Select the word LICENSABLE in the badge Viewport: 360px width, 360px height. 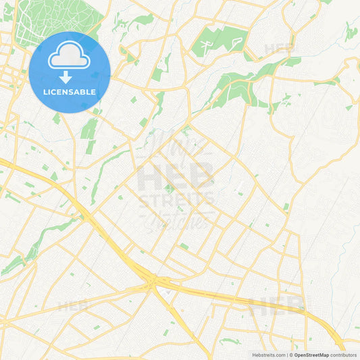[x=70, y=92]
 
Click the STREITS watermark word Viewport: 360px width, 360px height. [x=176, y=199]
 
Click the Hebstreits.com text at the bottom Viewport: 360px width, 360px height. [x=267, y=355]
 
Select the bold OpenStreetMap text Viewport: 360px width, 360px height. [x=311, y=355]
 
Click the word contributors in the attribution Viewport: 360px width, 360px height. [x=343, y=355]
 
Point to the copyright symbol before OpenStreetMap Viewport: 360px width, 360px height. [x=290, y=355]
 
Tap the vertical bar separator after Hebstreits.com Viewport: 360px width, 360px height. [x=286, y=355]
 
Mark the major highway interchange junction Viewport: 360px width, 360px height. [x=156, y=278]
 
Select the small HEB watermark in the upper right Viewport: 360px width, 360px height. [x=279, y=49]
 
